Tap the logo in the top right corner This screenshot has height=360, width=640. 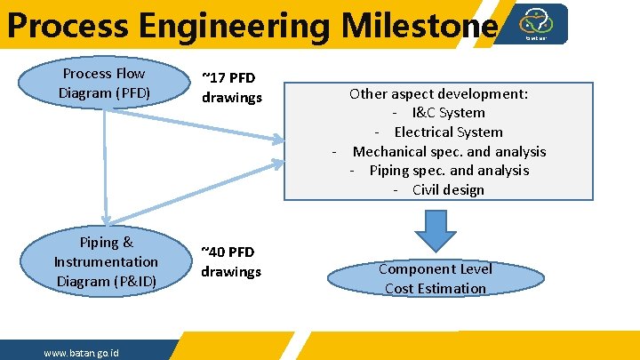coord(535,23)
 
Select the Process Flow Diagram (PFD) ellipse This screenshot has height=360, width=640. coord(104,83)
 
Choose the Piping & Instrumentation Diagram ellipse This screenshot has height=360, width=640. coord(106,261)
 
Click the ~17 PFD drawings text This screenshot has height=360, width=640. coord(231,87)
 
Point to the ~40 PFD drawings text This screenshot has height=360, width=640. coord(231,262)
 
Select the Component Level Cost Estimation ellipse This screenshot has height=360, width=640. coord(436,278)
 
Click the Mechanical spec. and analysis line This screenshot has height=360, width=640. coord(439,151)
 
